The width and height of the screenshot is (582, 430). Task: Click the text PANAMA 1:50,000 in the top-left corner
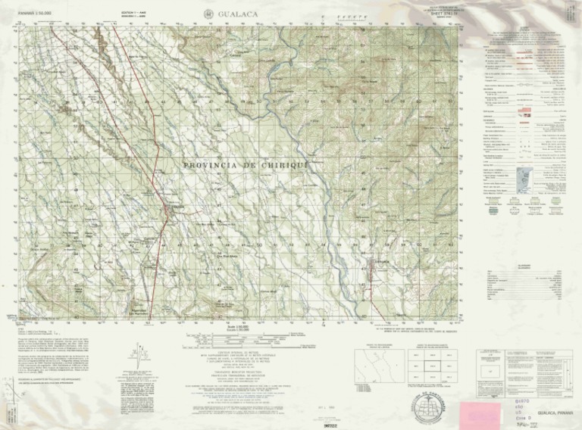coord(36,14)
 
